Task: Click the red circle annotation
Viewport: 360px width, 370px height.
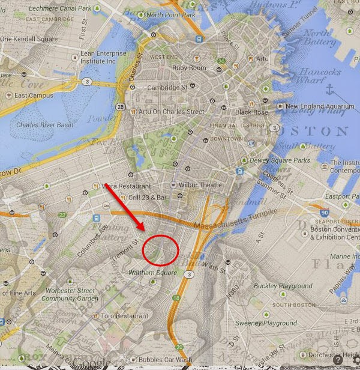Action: click(x=161, y=250)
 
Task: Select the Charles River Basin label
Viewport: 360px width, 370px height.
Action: click(x=44, y=126)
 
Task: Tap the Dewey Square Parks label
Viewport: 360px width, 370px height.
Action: click(x=281, y=160)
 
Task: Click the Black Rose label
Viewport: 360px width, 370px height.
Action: click(x=251, y=112)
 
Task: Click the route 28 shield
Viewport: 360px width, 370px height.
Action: click(x=121, y=106)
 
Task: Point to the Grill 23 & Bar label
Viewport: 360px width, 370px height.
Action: click(x=150, y=197)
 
